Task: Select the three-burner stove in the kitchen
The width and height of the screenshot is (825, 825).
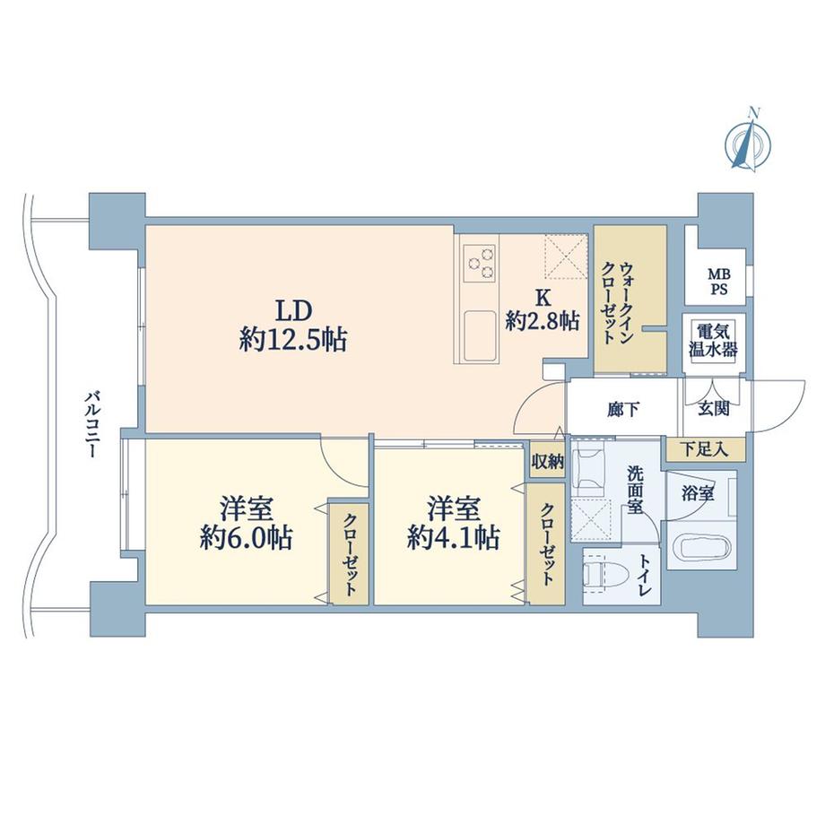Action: click(479, 263)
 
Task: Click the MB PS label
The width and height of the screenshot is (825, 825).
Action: click(718, 281)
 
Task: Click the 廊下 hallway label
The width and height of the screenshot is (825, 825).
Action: click(623, 410)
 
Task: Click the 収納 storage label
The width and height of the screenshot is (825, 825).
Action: click(546, 462)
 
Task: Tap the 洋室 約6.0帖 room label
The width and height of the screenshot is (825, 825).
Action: click(244, 523)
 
